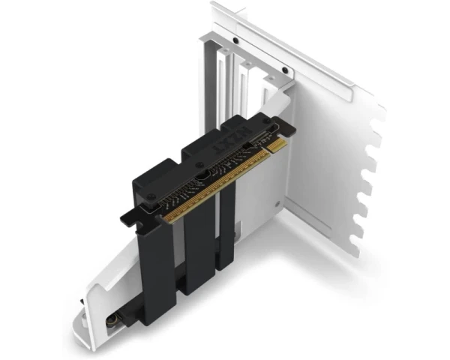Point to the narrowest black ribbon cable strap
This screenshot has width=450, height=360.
[x=227, y=225]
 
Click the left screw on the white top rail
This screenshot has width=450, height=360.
[x=235, y=40]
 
